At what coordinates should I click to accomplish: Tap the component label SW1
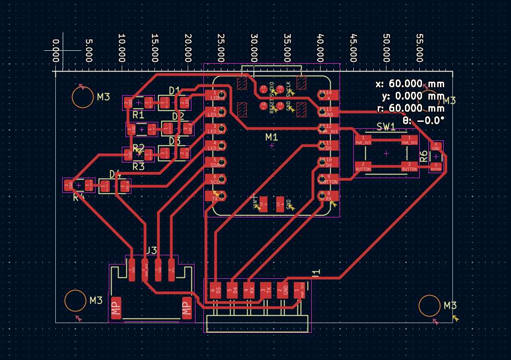click(x=386, y=126)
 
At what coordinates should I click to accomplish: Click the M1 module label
click(x=272, y=137)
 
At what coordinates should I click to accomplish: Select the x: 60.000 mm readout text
click(x=410, y=84)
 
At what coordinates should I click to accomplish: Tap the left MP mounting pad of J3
click(x=116, y=308)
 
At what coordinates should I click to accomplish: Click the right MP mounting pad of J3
click(x=186, y=308)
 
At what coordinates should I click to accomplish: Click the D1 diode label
click(x=174, y=90)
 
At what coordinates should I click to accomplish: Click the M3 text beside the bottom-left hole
click(x=95, y=300)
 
